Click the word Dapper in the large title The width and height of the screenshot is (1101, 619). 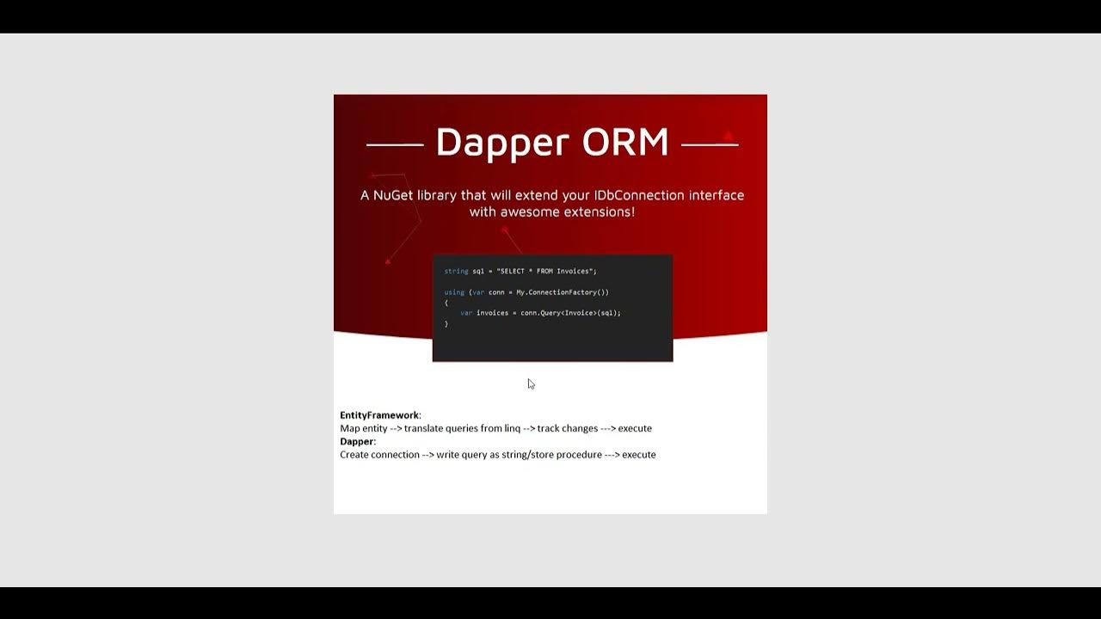502,143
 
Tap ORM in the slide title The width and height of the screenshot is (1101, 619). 625,143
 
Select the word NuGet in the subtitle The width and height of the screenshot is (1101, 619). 393,195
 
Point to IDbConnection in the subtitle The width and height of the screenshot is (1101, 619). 637,195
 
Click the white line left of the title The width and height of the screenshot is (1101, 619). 395,145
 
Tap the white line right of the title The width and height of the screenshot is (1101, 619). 710,145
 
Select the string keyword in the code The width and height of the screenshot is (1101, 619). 456,272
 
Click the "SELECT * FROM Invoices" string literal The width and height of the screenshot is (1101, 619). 544,272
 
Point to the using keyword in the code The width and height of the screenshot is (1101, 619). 454,292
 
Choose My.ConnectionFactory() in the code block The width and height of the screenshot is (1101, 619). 563,292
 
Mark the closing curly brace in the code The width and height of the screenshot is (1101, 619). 446,324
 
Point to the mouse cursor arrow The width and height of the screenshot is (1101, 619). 531,383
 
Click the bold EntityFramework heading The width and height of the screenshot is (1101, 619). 379,415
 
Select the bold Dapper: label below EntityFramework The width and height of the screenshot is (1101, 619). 358,441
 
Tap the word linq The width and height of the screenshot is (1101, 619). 512,428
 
